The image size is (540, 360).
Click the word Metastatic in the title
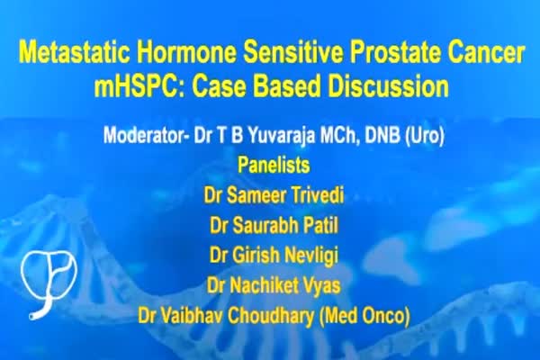click(75, 53)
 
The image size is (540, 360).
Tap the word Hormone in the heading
click(187, 53)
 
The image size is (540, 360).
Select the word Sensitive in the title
click(293, 53)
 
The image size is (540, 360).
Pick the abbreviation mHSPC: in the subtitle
click(140, 85)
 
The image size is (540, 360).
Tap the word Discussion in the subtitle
click(389, 85)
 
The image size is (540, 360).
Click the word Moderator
click(146, 135)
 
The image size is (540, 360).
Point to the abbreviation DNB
click(382, 135)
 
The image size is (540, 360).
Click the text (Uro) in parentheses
click(425, 136)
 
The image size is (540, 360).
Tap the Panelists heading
click(274, 165)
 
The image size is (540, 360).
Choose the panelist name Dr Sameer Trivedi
click(274, 195)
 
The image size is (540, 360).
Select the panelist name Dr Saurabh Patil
click(274, 225)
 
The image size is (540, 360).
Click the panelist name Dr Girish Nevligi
click(274, 256)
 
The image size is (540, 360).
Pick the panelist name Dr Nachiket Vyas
click(274, 285)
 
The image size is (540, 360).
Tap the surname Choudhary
click(271, 316)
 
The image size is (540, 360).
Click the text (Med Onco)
click(364, 316)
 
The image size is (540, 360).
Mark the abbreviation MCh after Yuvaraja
click(340, 136)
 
